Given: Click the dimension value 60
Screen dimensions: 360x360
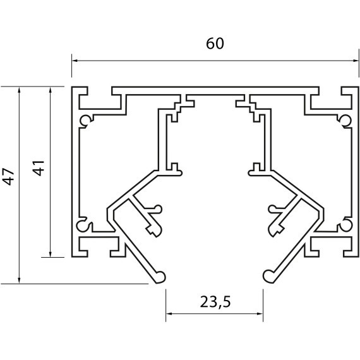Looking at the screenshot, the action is pyautogui.click(x=215, y=44).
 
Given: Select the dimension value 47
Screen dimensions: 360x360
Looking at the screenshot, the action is pyautogui.click(x=9, y=177).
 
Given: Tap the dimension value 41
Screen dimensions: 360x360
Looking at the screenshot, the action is pyautogui.click(x=38, y=168).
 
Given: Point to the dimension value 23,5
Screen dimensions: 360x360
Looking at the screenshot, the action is pyautogui.click(x=215, y=302).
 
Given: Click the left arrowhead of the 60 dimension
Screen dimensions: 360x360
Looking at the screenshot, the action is pyautogui.click(x=74, y=61).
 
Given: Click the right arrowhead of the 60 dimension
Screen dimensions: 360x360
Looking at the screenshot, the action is pyautogui.click(x=356, y=61).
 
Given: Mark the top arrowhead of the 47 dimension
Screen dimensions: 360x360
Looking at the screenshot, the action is pyautogui.click(x=19, y=90).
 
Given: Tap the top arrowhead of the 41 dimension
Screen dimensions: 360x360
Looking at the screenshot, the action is pyautogui.click(x=51, y=90).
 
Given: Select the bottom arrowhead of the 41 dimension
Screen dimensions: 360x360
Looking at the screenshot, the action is pyautogui.click(x=51, y=255).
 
